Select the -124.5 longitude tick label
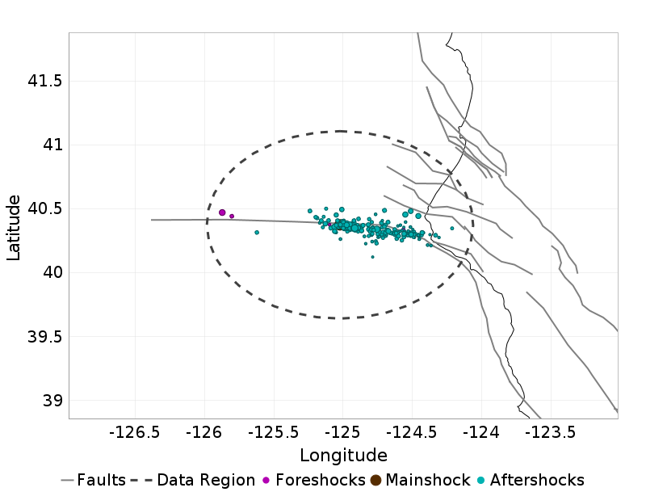coord(413,433)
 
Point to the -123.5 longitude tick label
coord(552,433)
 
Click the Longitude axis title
coord(343,455)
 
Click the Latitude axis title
coord(14,226)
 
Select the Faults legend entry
coord(94,480)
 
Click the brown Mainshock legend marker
coord(375,480)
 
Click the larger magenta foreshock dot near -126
coord(222,212)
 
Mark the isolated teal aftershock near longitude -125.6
coord(257,233)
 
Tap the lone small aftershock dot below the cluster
coord(372,257)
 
